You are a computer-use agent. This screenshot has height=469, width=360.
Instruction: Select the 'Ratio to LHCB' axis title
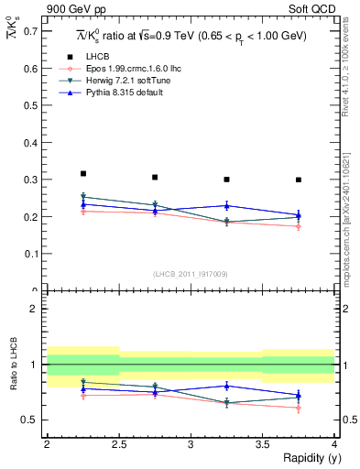click(14, 365)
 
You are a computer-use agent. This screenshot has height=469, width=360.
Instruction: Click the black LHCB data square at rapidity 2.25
click(83, 173)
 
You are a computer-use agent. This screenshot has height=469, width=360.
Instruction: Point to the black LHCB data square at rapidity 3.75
click(299, 180)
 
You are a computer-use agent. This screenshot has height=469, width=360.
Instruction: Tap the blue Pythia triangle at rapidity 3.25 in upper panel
click(227, 205)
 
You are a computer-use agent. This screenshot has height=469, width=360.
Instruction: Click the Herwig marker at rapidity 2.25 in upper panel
click(83, 196)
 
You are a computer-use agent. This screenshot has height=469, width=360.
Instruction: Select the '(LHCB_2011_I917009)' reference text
click(191, 273)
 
